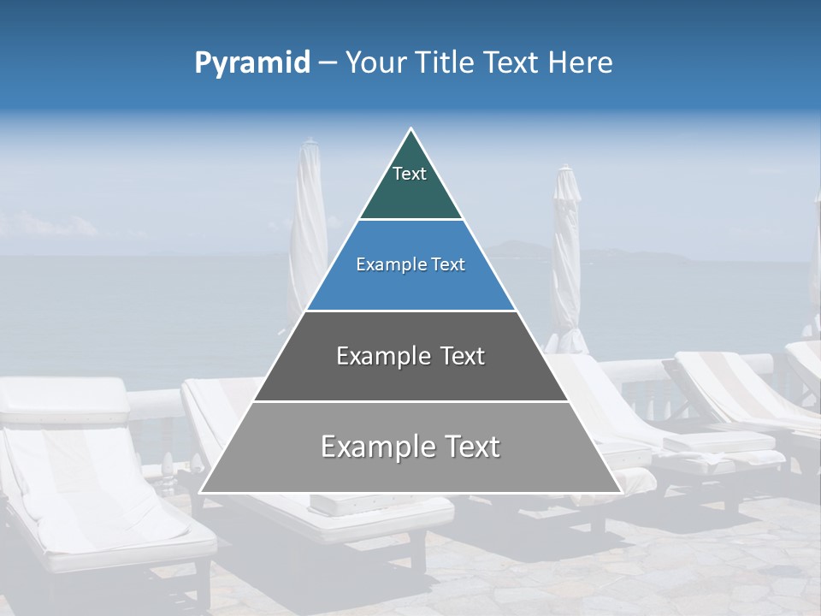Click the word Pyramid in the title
pos(252,63)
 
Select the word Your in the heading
pos(375,62)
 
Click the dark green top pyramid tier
pos(410,192)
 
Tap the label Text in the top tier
pos(410,175)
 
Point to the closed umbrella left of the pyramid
pos(309,231)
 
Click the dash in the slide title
pos(327,63)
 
